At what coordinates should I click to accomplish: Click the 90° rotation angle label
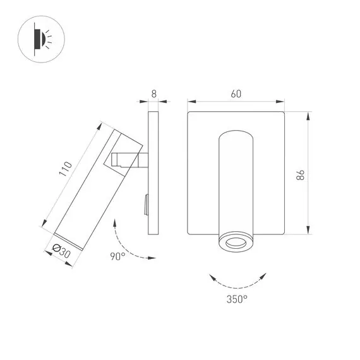click(x=118, y=256)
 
